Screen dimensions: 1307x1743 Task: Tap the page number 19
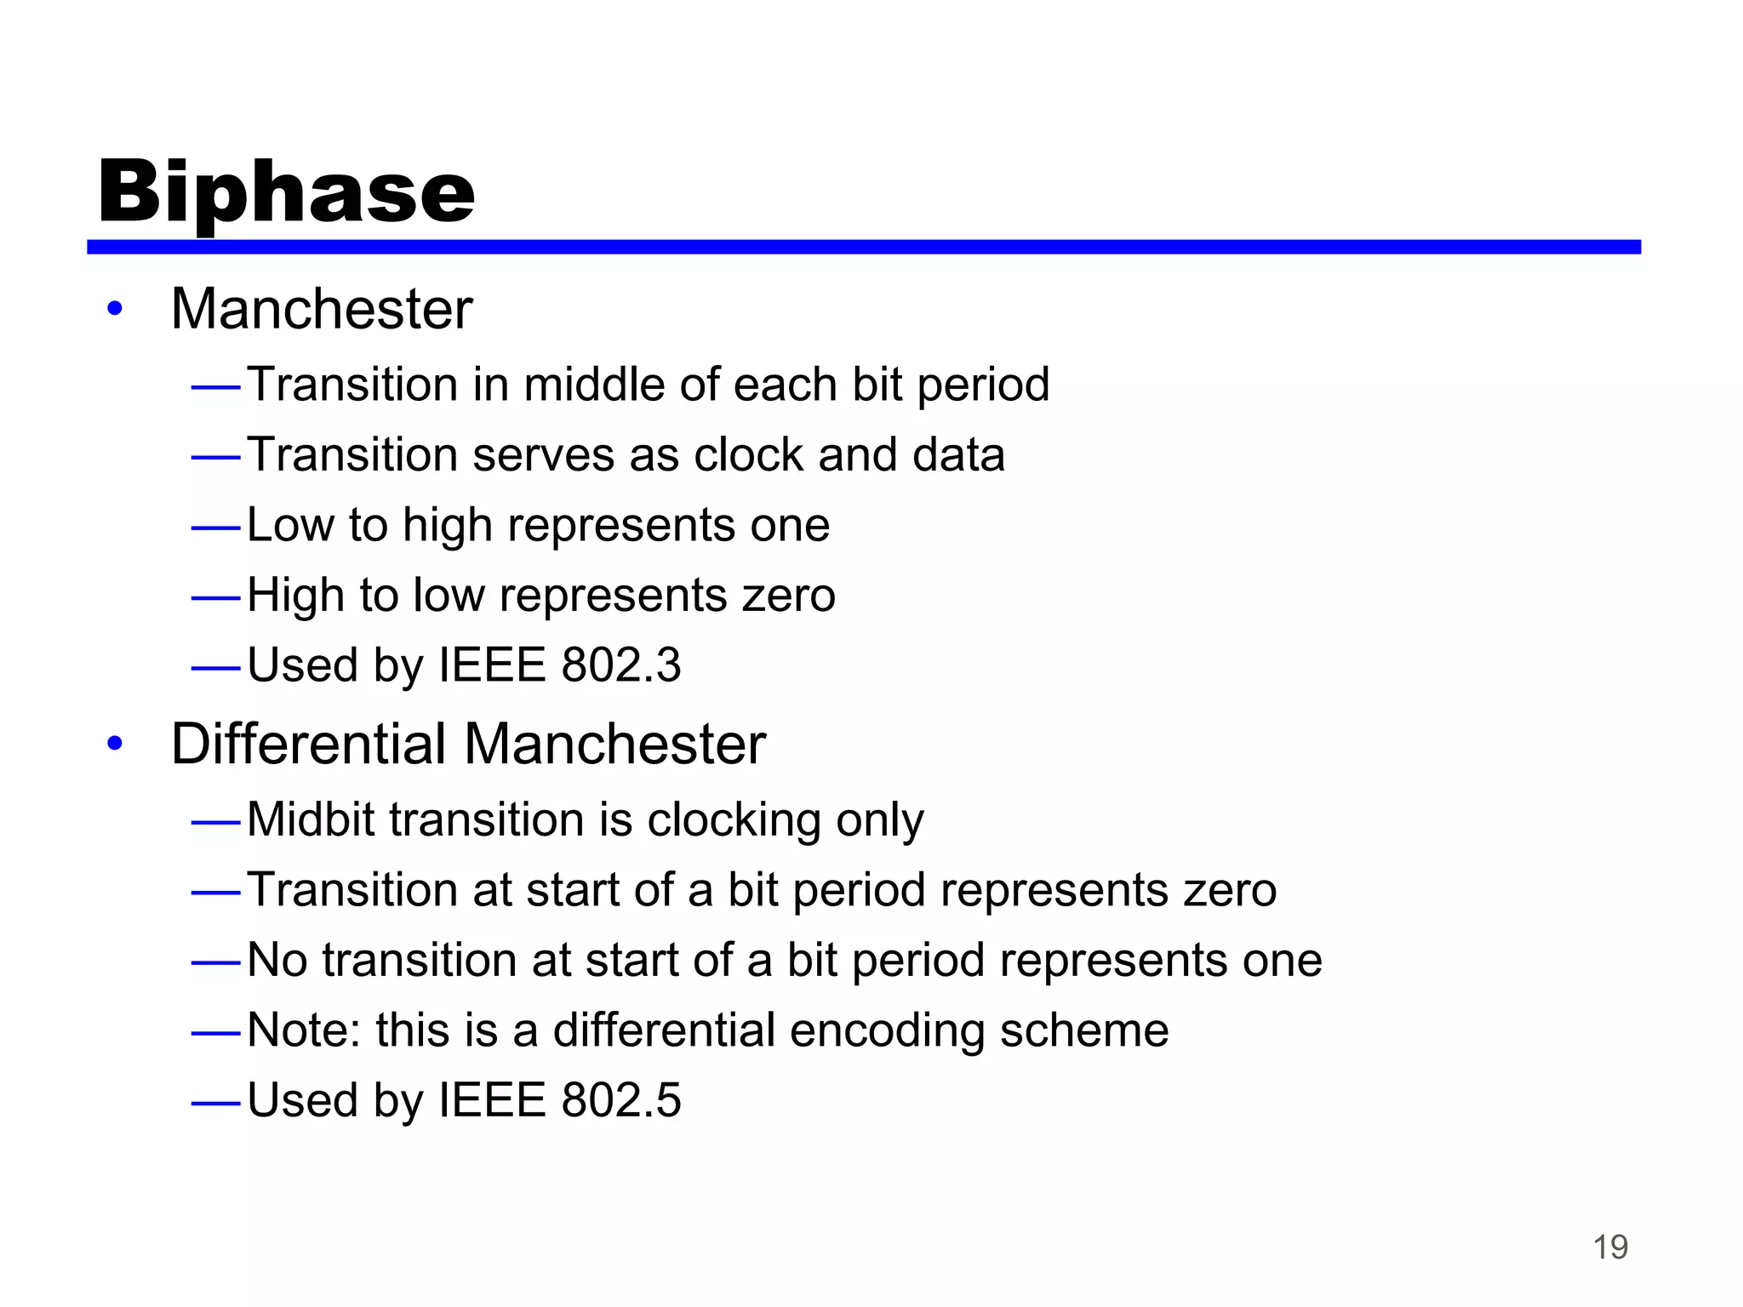tap(1609, 1247)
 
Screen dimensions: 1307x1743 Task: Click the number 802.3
tap(620, 665)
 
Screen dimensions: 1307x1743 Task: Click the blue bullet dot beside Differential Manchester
tap(115, 744)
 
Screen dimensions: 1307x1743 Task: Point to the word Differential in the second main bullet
tap(308, 744)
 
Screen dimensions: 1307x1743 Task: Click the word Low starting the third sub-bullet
tap(289, 525)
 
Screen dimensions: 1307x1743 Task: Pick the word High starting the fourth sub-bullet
tap(295, 595)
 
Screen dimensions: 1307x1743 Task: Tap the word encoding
tap(887, 1031)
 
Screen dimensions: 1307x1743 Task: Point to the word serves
tap(543, 454)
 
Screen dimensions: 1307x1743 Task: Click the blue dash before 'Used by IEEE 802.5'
tap(216, 1104)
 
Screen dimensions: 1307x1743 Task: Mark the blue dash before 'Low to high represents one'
tap(216, 528)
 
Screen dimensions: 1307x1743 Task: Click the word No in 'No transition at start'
tap(277, 960)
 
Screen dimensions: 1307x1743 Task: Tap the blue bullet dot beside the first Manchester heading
tap(115, 309)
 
